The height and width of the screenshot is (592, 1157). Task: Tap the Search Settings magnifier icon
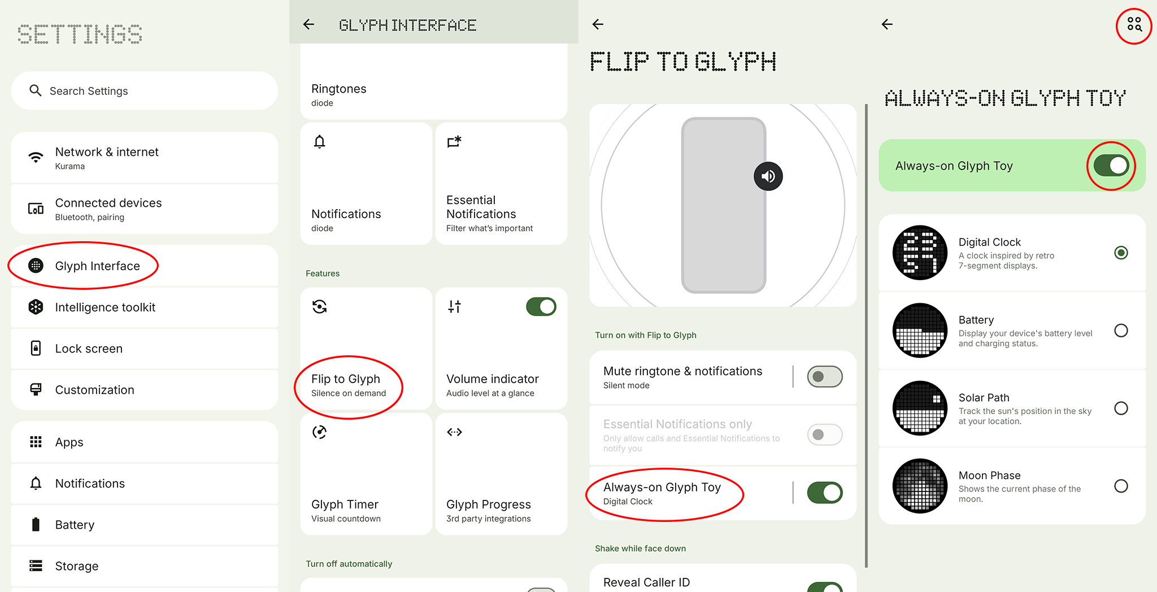pos(36,90)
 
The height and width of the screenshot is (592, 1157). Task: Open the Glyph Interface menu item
pos(97,266)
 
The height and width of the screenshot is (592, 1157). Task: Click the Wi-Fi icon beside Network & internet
pos(36,157)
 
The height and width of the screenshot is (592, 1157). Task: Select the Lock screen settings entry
pos(89,349)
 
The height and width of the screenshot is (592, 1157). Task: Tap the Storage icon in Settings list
pos(36,565)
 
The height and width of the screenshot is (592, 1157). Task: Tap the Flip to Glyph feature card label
pos(346,379)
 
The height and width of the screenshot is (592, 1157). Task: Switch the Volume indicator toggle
pos(541,307)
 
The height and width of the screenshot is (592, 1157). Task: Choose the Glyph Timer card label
pos(345,504)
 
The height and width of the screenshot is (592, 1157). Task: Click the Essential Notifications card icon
pos(454,141)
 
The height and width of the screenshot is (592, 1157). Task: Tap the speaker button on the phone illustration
pos(768,176)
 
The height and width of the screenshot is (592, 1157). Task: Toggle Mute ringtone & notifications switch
pos(824,377)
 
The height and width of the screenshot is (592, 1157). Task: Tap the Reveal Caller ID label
pos(646,582)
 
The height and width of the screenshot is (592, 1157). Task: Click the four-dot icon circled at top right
pos(1134,24)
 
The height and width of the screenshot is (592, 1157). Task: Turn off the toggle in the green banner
pos(1111,166)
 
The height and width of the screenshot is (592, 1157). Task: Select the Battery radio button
pos(1121,330)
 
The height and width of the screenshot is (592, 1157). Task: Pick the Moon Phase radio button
pos(1121,486)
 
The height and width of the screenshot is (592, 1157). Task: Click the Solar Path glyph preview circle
pos(920,408)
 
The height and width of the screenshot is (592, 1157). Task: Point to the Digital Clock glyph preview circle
pos(920,253)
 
